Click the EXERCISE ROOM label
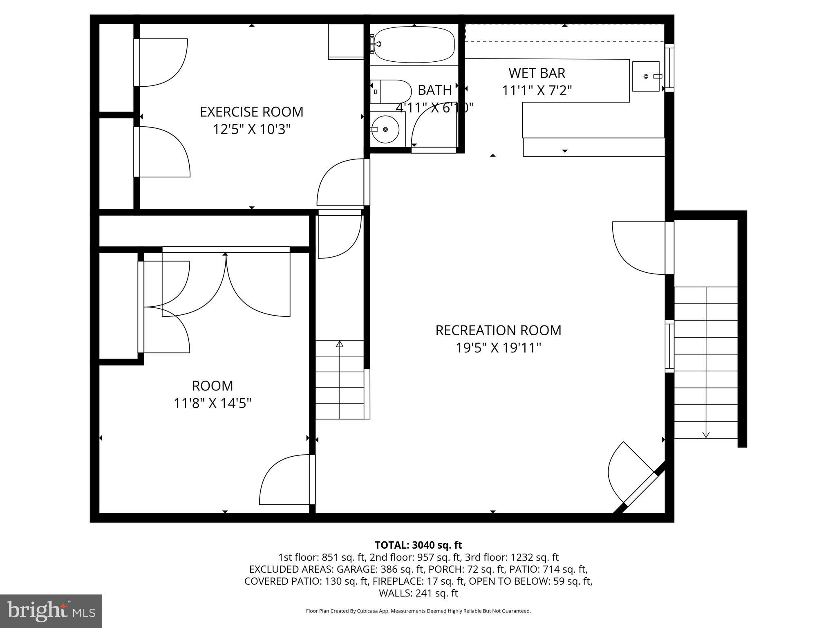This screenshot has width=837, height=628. point(251,112)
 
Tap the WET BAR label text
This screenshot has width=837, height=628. point(537,73)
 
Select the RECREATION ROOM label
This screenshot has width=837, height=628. point(498,330)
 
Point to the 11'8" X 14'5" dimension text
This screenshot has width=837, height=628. point(213,404)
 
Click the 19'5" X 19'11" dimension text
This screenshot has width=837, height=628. point(498,348)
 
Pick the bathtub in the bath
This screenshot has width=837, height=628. point(414,44)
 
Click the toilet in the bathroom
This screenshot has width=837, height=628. point(392,92)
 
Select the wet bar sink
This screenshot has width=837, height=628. point(646,76)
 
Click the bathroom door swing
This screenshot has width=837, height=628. point(433,131)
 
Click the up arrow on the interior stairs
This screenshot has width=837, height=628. point(340,344)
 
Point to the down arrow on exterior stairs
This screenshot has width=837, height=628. point(706,434)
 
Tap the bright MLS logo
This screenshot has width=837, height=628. point(51,611)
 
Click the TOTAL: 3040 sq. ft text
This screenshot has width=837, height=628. point(418,545)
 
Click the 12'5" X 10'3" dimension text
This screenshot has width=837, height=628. point(251,130)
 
